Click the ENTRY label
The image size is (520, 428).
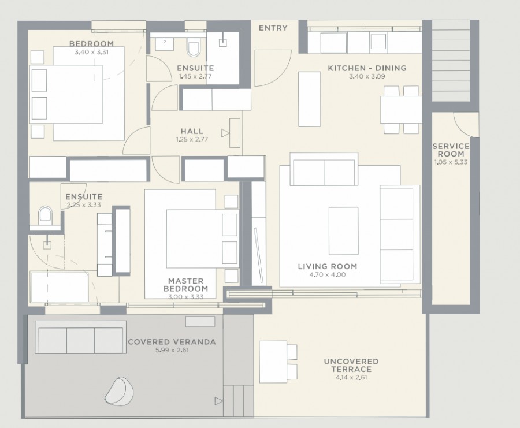click(273, 28)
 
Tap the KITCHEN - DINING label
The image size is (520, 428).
click(367, 68)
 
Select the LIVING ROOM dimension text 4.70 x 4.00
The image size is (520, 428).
click(328, 274)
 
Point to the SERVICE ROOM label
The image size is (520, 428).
click(451, 150)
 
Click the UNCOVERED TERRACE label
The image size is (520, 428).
click(351, 366)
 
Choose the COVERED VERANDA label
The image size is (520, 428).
click(172, 342)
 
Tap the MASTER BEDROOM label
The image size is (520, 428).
click(185, 285)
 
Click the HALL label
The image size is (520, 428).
click(192, 131)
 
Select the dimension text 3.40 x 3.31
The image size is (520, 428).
click(91, 52)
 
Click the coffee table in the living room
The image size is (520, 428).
click(344, 230)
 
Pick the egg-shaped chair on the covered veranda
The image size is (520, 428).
click(120, 391)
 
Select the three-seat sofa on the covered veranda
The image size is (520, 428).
click(80, 337)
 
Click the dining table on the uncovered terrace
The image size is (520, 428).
click(273, 362)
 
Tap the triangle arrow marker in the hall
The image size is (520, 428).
click(225, 133)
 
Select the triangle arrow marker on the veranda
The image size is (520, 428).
click(218, 401)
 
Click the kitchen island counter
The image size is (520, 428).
click(310, 99)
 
